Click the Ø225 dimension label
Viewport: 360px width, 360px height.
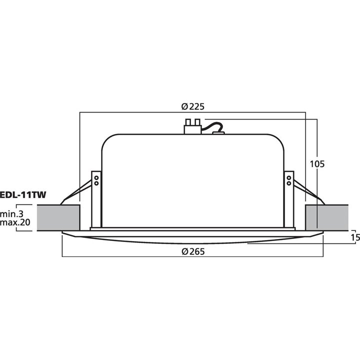pos(193,106)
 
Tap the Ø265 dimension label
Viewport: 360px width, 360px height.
pos(193,252)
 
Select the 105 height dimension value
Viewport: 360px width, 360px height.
pos(317,163)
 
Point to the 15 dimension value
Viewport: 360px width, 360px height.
pos(355,238)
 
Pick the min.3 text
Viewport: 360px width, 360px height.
pos(15,213)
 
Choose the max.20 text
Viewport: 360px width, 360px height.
pos(15,222)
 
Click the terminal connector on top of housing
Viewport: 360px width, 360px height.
pos(192,125)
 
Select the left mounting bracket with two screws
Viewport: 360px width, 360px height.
pos(96,197)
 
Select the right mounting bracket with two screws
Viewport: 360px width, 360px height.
pos(289,197)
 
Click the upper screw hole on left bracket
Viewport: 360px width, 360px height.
pos(96,176)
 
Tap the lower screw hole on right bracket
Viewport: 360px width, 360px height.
pos(289,183)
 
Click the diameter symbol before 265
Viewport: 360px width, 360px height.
pos(184,252)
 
